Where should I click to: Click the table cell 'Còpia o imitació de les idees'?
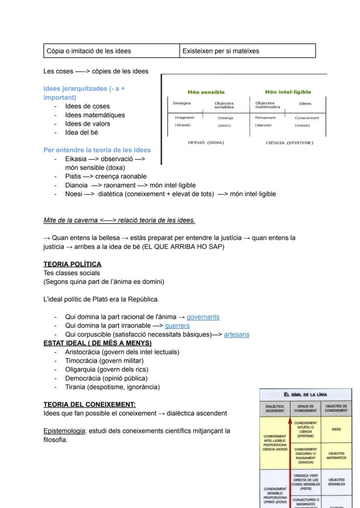[x=87, y=51]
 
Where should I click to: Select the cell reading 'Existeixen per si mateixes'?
[x=220, y=51]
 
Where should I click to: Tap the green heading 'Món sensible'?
[x=206, y=92]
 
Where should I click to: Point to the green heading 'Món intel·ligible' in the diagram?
[x=288, y=92]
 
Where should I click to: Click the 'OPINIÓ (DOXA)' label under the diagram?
[x=206, y=143]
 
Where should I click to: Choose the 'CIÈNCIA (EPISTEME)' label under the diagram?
[x=290, y=143]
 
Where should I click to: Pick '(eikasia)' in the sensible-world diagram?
[x=183, y=125]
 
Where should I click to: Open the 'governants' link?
[x=203, y=317]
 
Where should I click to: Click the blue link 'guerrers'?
[x=177, y=325]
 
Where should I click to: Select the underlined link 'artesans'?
[x=237, y=334]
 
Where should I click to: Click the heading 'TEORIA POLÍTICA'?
[x=72, y=264]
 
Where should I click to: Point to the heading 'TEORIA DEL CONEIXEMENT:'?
[x=90, y=404]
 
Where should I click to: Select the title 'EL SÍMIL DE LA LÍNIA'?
[x=305, y=395]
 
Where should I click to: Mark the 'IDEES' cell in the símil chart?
[x=336, y=429]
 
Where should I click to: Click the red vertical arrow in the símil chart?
[x=290, y=461]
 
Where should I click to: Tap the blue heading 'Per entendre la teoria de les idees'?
[x=97, y=150]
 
